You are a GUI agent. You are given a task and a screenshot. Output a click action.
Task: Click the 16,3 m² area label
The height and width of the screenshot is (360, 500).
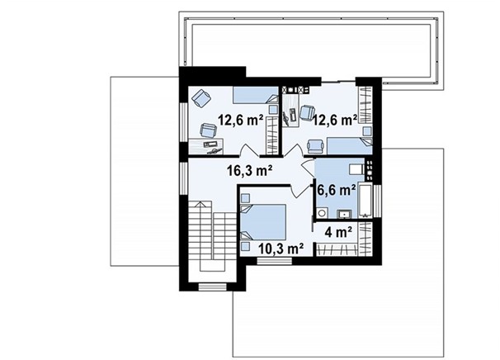[249, 171]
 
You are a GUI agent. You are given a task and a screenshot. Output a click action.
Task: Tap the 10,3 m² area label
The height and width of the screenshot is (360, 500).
[281, 248]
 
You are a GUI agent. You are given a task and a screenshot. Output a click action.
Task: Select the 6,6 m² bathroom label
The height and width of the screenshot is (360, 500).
[337, 190]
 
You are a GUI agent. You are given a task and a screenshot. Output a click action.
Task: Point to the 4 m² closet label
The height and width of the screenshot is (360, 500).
[338, 232]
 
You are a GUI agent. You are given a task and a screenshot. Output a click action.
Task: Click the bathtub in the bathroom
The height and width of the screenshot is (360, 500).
[366, 201]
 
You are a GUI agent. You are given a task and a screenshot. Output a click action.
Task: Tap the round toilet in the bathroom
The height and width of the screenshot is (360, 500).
[323, 212]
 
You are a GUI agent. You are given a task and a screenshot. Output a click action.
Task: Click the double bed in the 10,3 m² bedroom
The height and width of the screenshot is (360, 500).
[263, 222]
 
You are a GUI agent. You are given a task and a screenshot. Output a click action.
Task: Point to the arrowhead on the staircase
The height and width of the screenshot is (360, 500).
[200, 204]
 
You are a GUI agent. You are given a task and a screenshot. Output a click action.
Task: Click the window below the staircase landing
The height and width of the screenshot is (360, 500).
[212, 287]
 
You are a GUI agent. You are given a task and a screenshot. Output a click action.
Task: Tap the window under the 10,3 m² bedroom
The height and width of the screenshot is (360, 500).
[275, 261]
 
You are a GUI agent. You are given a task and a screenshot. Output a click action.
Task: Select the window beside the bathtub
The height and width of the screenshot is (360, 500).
[377, 201]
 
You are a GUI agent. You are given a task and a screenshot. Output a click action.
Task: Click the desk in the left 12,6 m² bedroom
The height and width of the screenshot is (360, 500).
[205, 146]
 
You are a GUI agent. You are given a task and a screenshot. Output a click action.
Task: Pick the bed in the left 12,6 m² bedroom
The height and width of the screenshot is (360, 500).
[256, 95]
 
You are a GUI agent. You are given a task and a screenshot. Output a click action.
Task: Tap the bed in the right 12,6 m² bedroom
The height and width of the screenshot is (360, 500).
[350, 146]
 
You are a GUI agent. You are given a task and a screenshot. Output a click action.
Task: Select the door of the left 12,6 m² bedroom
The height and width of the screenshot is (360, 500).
[249, 150]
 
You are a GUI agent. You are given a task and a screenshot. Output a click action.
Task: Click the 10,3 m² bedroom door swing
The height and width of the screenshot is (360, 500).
[298, 192]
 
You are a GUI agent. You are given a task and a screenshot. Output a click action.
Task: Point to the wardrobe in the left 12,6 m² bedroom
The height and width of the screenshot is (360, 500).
[272, 135]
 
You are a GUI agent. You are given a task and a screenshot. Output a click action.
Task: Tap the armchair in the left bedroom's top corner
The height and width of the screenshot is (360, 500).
[201, 98]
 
